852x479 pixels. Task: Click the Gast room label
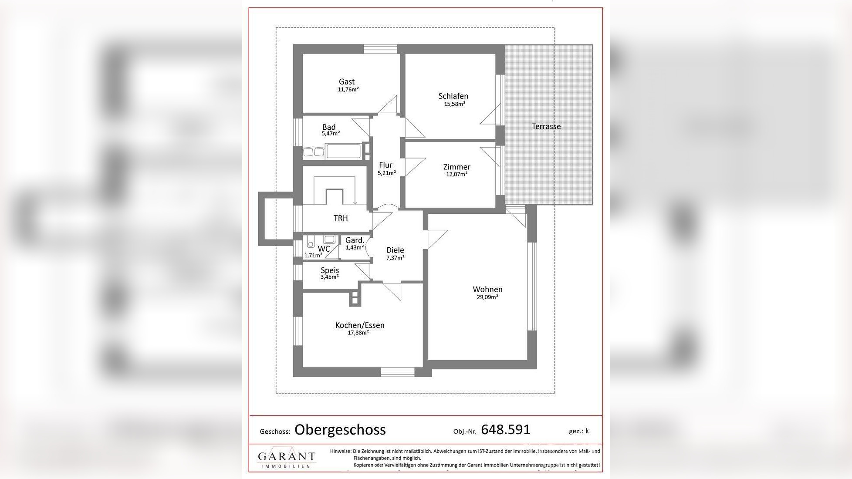click(347, 82)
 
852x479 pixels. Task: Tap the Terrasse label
click(546, 127)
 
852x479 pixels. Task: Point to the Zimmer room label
click(456, 167)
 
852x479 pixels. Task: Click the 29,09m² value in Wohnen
click(487, 297)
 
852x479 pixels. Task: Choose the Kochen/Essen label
click(360, 325)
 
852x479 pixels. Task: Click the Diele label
click(395, 250)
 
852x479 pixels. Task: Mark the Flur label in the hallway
click(385, 165)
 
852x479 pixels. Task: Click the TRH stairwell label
click(341, 218)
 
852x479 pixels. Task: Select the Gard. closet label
click(355, 240)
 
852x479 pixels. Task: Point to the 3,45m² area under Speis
click(329, 277)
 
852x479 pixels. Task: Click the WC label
click(324, 249)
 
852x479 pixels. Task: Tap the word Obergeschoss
click(340, 430)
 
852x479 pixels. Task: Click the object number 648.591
click(505, 430)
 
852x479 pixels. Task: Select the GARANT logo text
click(286, 457)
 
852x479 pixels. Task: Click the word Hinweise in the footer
click(340, 452)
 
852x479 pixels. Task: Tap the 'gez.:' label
click(575, 431)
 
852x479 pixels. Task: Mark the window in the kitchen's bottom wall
click(397, 372)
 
